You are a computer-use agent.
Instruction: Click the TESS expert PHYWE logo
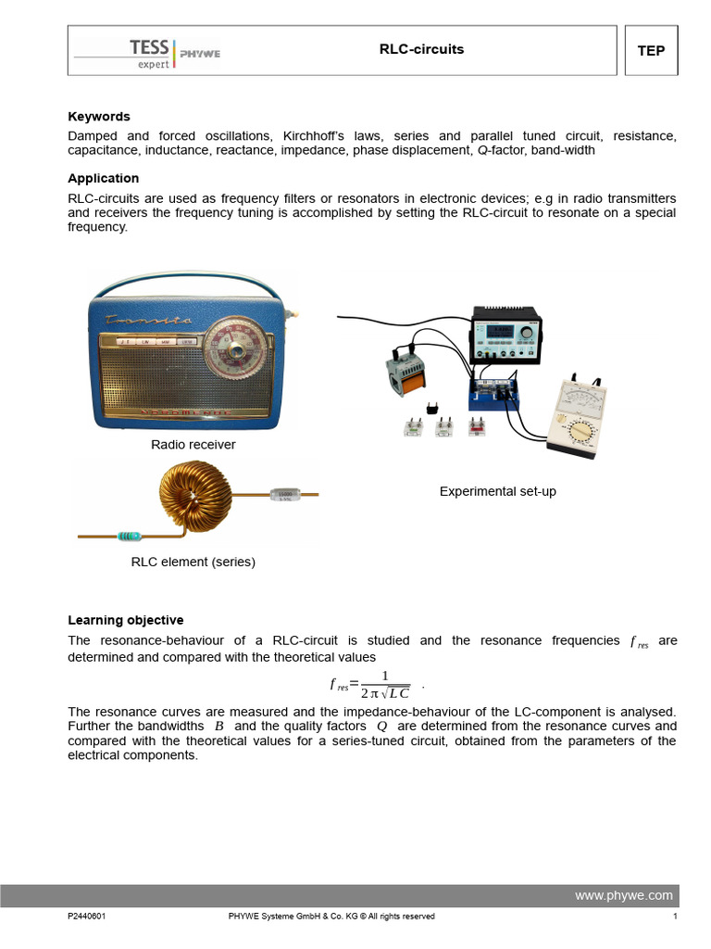(148, 51)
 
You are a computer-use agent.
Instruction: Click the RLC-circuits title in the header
(421, 49)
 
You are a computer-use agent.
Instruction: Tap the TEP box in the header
(651, 51)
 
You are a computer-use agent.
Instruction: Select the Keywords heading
(99, 117)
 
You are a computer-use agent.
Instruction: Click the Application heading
(104, 178)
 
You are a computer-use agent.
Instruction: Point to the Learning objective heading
(126, 620)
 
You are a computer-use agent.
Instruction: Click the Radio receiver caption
(193, 445)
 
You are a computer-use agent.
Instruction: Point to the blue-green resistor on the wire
(130, 536)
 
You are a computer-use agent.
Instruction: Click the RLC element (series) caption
(193, 562)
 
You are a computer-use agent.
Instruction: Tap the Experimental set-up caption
(498, 491)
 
